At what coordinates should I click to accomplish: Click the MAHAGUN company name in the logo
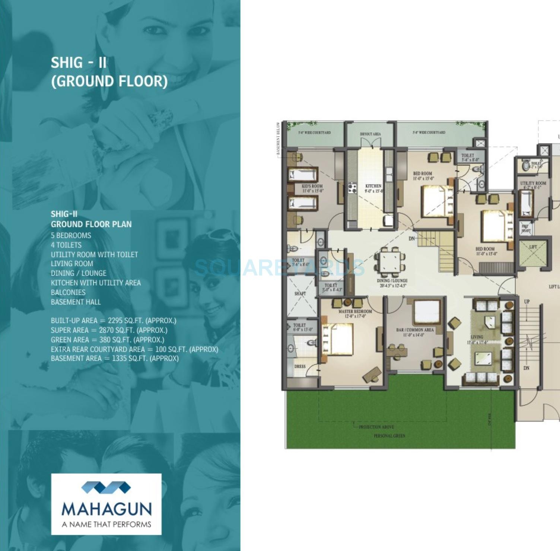click(x=106, y=509)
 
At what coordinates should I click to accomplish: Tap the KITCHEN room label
click(x=373, y=186)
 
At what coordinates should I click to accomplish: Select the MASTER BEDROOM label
click(x=355, y=311)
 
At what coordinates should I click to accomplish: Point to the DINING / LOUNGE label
click(x=392, y=281)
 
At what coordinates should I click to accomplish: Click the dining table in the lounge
click(x=390, y=259)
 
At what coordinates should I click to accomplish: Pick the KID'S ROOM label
click(x=312, y=186)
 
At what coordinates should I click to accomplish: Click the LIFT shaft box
click(x=533, y=253)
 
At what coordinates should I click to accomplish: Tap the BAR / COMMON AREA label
click(x=415, y=330)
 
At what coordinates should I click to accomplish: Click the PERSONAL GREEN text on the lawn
click(x=389, y=436)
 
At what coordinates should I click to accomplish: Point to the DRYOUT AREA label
click(x=370, y=134)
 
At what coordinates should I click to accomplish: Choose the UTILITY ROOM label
click(x=533, y=183)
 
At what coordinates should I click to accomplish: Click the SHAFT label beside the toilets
click(x=300, y=293)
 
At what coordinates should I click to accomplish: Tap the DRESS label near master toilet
click(x=300, y=366)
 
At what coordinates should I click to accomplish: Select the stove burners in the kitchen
click(x=352, y=188)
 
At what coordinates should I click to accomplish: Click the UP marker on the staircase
click(x=527, y=302)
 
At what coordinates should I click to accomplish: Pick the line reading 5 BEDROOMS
click(x=71, y=235)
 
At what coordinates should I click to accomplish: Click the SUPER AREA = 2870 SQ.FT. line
click(x=109, y=330)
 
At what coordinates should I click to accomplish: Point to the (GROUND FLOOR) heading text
click(x=109, y=81)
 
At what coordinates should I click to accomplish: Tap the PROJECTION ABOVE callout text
click(x=376, y=427)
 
